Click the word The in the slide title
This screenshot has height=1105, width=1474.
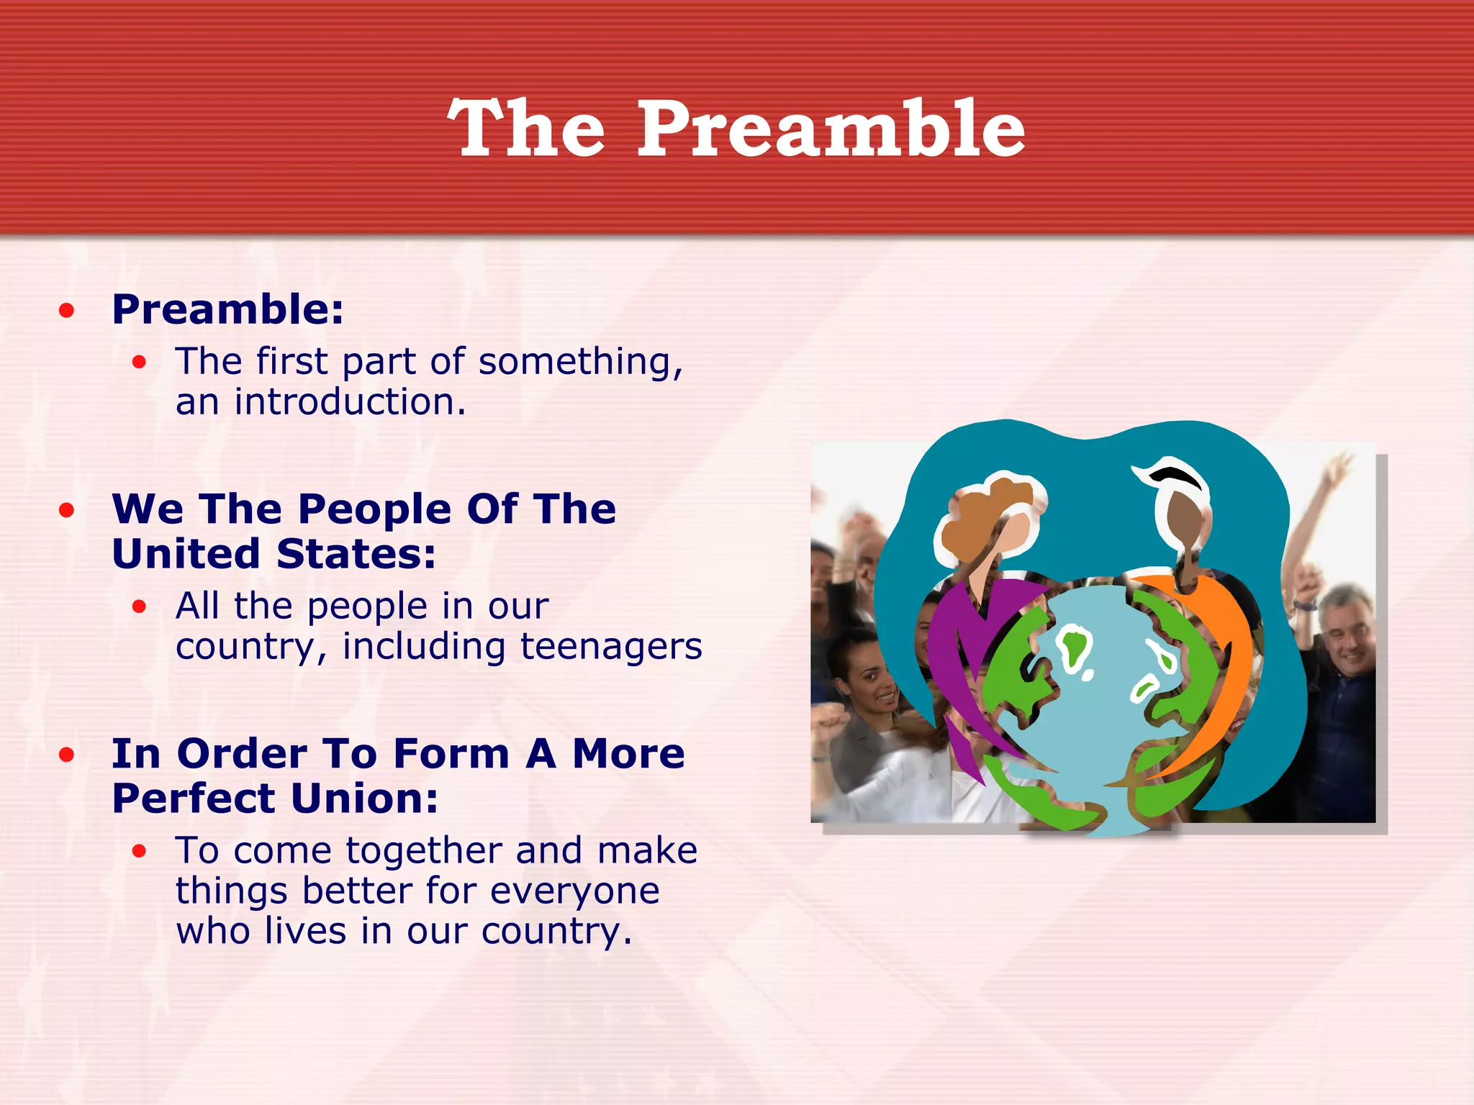click(526, 129)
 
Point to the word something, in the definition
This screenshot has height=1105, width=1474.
click(580, 361)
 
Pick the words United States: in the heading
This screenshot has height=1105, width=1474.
click(273, 554)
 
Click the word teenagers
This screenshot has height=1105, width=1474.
click(610, 646)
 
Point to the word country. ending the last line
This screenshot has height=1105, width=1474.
click(556, 931)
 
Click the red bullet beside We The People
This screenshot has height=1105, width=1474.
click(67, 511)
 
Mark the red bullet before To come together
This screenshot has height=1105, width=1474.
click(139, 852)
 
